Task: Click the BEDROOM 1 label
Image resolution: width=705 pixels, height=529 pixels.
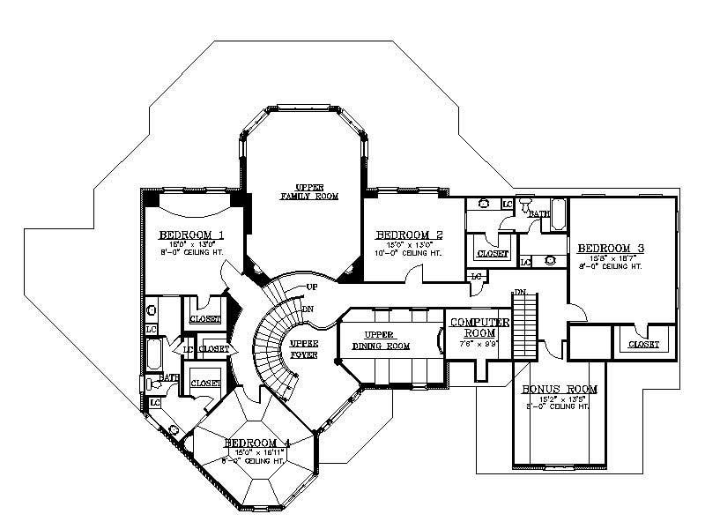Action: pyautogui.click(x=190, y=235)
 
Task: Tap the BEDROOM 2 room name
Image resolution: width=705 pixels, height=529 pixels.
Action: pyautogui.click(x=408, y=235)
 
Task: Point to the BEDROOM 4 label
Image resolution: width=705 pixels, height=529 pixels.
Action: pyautogui.click(x=256, y=443)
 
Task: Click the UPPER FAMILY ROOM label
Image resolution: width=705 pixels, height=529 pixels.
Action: pyautogui.click(x=304, y=191)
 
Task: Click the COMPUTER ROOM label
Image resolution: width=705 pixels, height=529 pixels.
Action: pyautogui.click(x=479, y=328)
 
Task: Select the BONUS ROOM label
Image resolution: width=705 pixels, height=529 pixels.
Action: pyautogui.click(x=560, y=389)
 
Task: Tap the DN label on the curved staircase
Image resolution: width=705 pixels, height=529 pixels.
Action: pyautogui.click(x=308, y=309)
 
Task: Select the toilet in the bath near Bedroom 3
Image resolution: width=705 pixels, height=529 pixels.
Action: pyautogui.click(x=525, y=207)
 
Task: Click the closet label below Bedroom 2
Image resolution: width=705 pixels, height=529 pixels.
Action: pyautogui.click(x=493, y=254)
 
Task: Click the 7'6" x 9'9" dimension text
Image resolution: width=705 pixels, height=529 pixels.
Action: pyautogui.click(x=479, y=343)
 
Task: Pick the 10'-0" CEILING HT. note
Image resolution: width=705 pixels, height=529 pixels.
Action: pyautogui.click(x=408, y=253)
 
